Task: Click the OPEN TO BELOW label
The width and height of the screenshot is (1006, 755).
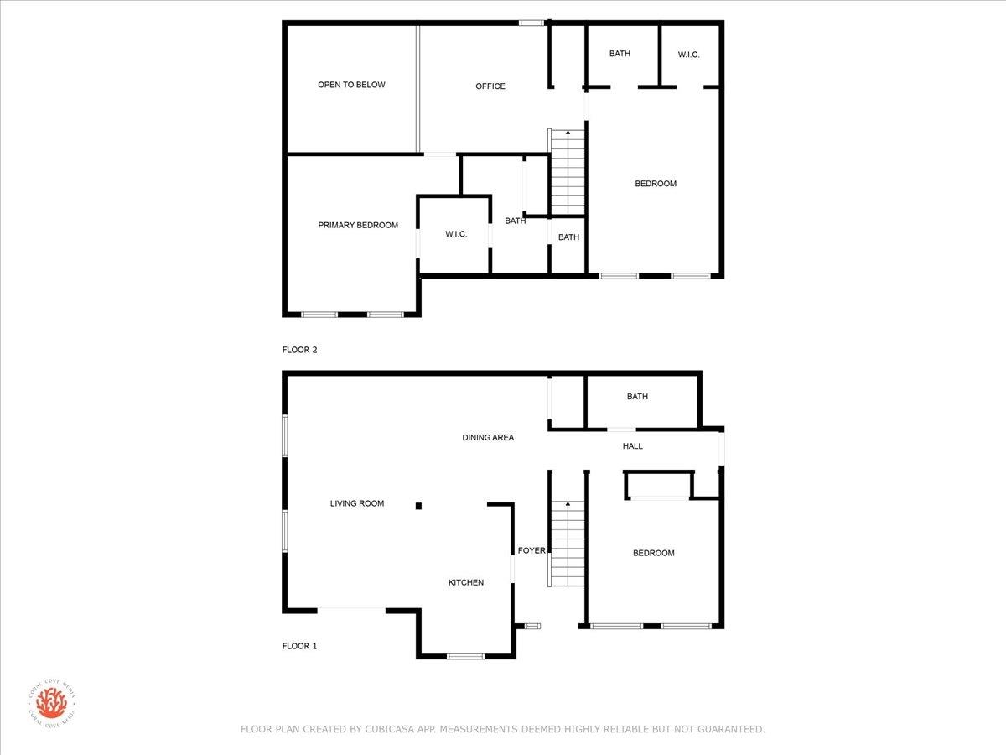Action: [351, 85]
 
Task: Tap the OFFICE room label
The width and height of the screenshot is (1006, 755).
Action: [490, 86]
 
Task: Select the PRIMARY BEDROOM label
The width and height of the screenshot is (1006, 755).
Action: [358, 225]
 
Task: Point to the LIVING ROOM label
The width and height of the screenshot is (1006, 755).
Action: [357, 503]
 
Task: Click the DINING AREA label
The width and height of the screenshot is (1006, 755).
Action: [488, 437]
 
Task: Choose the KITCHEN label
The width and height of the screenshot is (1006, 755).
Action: [466, 582]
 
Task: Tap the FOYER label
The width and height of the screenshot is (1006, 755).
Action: [532, 550]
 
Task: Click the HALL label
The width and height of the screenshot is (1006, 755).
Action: [632, 446]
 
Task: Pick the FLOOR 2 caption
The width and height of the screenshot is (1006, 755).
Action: [300, 350]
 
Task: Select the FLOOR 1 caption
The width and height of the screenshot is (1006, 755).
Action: [299, 646]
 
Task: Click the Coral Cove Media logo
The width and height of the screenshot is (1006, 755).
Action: [52, 703]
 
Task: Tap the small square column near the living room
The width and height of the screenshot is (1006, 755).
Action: [418, 506]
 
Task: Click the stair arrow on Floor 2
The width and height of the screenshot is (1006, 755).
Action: [568, 133]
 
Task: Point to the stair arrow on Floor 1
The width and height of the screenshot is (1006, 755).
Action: [568, 504]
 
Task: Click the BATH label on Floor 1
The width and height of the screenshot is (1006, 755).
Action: [637, 397]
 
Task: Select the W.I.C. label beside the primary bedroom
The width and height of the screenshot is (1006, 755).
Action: [456, 234]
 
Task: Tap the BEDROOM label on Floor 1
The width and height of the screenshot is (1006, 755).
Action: [654, 554]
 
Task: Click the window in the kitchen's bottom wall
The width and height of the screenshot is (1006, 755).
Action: [465, 657]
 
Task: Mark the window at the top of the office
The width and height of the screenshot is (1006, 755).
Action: [532, 23]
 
